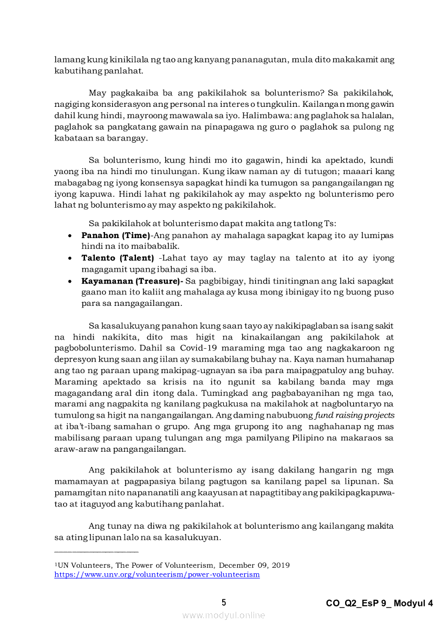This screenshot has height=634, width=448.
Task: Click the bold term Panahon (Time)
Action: (115, 235)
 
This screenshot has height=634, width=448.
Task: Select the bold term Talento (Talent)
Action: (118, 258)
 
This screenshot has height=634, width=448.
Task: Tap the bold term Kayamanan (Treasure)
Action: (132, 281)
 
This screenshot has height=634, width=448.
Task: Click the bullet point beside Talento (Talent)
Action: (70, 258)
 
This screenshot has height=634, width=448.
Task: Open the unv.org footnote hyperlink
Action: (157, 574)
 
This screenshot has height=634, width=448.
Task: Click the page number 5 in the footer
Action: (224, 603)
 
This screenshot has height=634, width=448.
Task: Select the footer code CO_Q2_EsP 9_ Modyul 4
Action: (379, 603)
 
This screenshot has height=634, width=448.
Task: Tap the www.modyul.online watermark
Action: (224, 615)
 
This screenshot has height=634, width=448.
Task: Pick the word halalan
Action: (376, 116)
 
